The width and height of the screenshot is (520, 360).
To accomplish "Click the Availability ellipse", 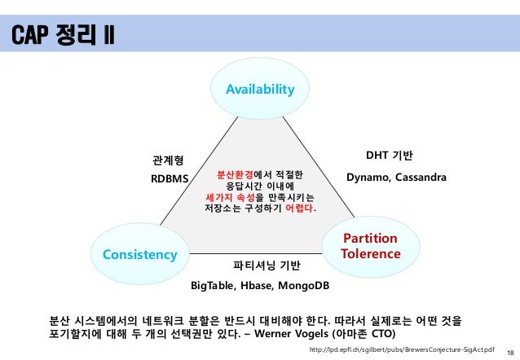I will click(x=260, y=89).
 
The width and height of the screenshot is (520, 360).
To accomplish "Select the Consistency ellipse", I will click(x=139, y=255).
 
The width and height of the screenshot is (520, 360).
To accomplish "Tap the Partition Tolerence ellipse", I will click(x=371, y=246).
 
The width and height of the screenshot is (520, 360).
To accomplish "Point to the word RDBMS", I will click(x=170, y=178).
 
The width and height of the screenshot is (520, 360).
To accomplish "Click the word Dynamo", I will click(x=370, y=178).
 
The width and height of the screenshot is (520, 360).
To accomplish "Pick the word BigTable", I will click(x=214, y=286).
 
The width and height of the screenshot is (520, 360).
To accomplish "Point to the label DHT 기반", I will click(x=390, y=155).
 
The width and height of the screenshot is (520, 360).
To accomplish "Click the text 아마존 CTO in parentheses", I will click(x=364, y=334).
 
